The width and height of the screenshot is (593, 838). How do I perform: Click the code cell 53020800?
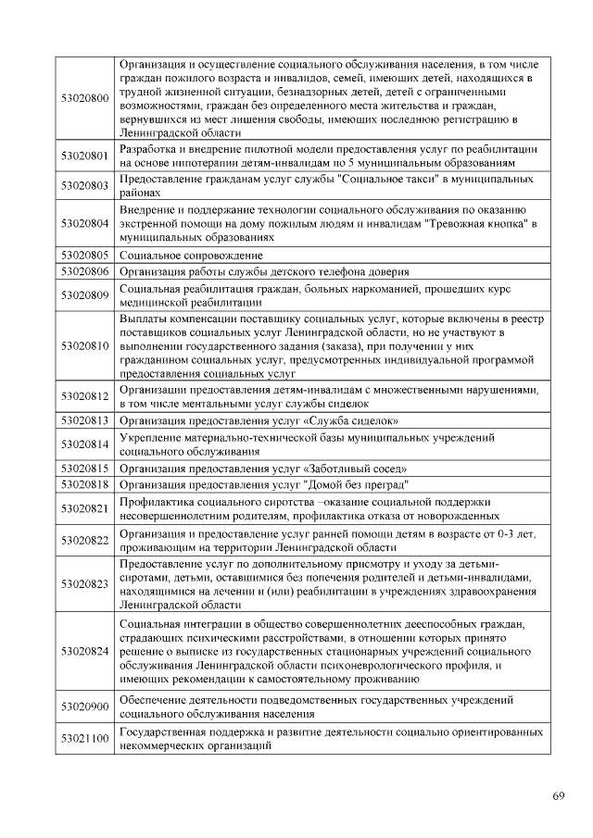[84, 98]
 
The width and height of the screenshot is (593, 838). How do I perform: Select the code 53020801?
[84, 156]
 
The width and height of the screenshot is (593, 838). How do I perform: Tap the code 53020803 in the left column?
[84, 185]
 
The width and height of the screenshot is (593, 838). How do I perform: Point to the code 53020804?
[84, 223]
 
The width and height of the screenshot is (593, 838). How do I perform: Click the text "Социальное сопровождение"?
[192, 255]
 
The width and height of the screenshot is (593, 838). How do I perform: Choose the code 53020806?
[84, 271]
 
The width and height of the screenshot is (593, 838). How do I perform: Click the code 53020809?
[84, 295]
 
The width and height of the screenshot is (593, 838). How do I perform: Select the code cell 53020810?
[84, 345]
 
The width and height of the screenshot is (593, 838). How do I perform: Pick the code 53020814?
[84, 444]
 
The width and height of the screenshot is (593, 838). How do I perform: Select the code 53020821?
[84, 508]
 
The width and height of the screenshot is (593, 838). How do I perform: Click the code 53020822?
[84, 541]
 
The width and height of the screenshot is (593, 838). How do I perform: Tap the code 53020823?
[84, 583]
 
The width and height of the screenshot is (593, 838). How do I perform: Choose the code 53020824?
[84, 651]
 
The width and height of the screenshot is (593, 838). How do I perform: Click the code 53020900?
[84, 707]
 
